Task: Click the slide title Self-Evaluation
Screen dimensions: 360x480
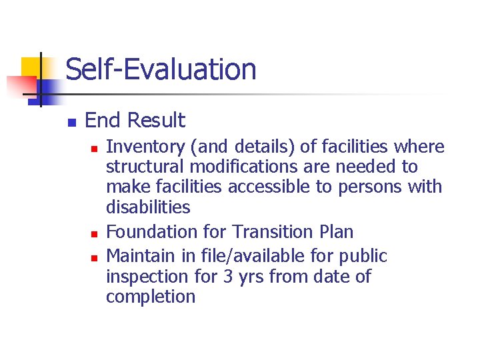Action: click(161, 69)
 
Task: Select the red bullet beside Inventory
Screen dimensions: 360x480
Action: click(95, 147)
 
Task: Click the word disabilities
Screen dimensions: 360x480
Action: click(148, 207)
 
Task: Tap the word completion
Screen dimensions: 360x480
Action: click(151, 297)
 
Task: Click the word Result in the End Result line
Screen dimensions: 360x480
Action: click(156, 121)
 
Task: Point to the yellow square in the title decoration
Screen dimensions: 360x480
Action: click(32, 68)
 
